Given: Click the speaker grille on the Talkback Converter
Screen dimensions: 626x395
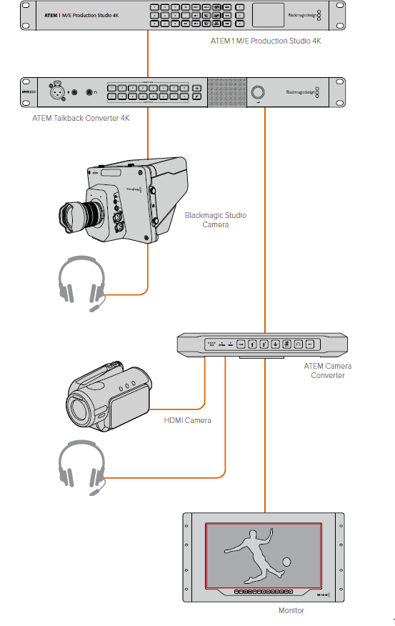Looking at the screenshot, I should [225, 91].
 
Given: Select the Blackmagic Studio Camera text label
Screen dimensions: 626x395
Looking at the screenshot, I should [216, 219].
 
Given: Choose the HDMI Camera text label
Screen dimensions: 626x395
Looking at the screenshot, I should [187, 420].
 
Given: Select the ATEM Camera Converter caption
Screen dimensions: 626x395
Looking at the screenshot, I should [327, 370].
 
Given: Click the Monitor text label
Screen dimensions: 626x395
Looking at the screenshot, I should [291, 610].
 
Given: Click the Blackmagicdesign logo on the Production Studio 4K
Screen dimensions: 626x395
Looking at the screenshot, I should [299, 14].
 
